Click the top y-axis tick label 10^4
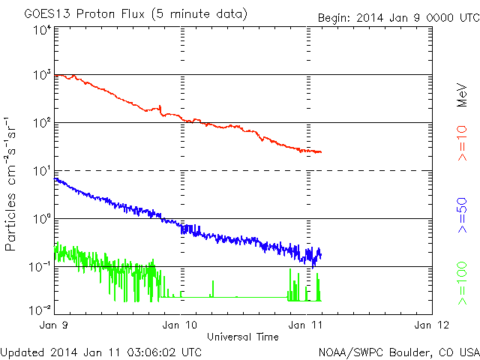coord(42,29)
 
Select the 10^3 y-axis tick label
coord(42,76)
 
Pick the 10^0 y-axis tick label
coord(42,219)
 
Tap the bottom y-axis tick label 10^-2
coord(40,309)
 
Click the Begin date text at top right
coord(397,17)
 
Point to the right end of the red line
coord(321,152)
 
